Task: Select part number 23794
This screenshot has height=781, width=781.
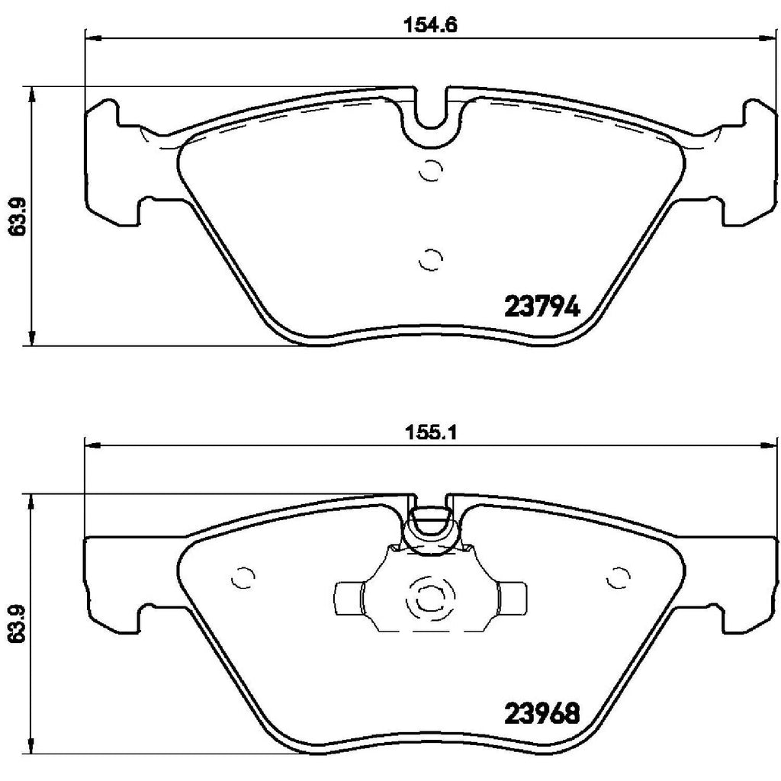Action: click(x=543, y=307)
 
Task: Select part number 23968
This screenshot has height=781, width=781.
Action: click(x=542, y=714)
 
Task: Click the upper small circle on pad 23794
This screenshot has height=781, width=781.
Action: click(x=431, y=172)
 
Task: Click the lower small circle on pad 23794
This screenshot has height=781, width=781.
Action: click(x=431, y=260)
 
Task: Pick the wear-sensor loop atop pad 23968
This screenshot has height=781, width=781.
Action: click(x=429, y=526)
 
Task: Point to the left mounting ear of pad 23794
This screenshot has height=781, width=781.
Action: click(x=103, y=164)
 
